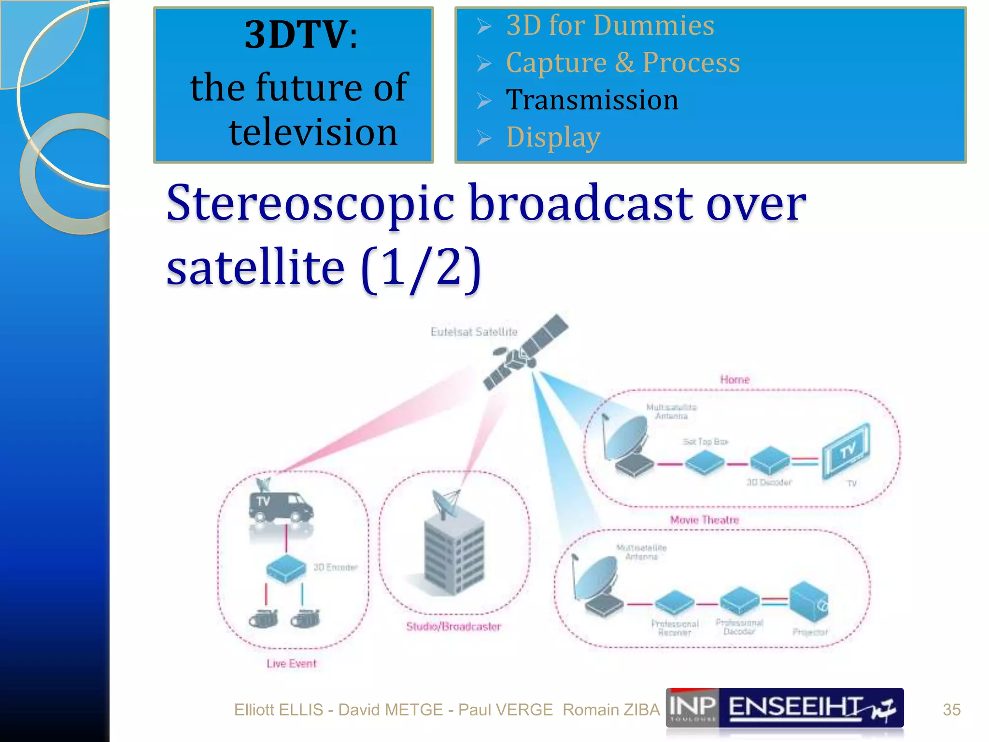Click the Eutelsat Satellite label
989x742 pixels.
pos(474,332)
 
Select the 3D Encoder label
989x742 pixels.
pos(336,567)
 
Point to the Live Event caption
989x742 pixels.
pos(291,664)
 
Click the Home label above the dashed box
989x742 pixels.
pos(735,380)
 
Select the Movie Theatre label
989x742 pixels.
pos(705,520)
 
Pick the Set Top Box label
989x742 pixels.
pos(705,442)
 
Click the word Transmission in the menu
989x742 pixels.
pos(592,100)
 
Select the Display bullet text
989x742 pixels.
pos(553,137)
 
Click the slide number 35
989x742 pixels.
pos(951,710)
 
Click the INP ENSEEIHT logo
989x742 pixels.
pos(784,708)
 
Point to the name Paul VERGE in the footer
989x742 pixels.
pos(505,710)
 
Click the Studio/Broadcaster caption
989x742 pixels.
pos(453,627)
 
